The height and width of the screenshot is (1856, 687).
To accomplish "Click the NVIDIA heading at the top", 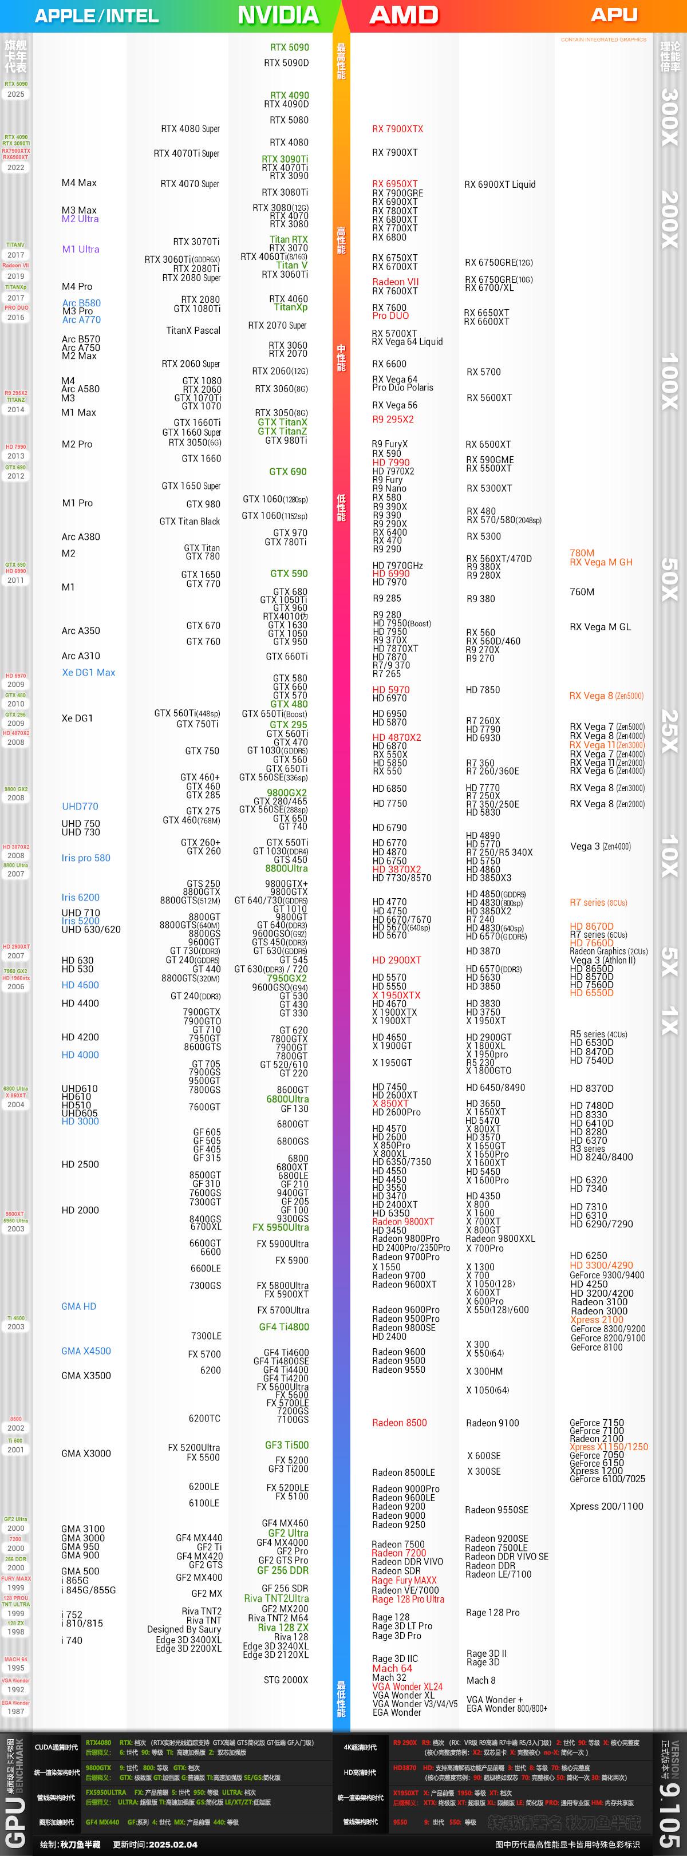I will tap(278, 15).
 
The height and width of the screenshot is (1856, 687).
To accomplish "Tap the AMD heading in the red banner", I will tap(404, 15).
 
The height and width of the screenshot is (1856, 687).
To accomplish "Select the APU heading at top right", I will tap(614, 14).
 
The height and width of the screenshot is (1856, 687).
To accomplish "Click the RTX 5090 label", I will tap(289, 48).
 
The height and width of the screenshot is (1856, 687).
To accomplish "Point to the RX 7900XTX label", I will tap(397, 129).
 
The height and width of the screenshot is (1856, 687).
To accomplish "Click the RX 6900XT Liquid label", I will tap(500, 184).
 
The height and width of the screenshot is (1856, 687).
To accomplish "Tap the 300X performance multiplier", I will tap(670, 117).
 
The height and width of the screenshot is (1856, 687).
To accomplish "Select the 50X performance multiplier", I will tap(670, 579).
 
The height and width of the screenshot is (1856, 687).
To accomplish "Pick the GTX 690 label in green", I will tap(287, 472).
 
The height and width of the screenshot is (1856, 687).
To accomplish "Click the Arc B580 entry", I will tap(81, 303).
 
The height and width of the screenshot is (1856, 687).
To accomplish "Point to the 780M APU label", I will tap(582, 554).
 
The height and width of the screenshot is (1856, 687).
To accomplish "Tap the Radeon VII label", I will tap(395, 282).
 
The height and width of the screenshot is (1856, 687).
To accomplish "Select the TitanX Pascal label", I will tap(193, 331).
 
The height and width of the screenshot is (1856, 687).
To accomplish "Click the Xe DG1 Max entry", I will tap(88, 672).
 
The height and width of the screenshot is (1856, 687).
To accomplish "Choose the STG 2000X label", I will tap(286, 1680).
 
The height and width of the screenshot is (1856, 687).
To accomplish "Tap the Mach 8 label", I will tap(481, 1680).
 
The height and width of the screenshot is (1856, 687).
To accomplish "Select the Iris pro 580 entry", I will tap(86, 858).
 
